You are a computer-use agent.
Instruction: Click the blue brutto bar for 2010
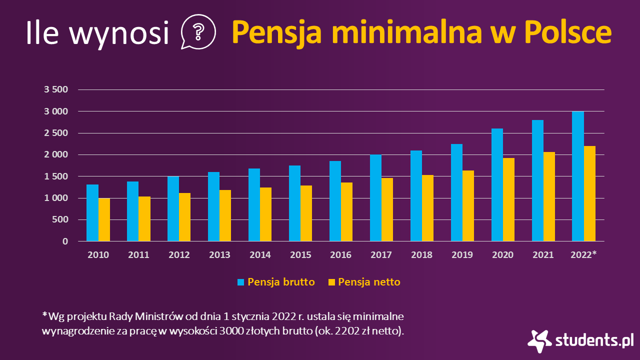coord(92,213)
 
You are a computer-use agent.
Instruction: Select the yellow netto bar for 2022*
coord(590,194)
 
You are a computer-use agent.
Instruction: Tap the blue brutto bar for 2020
coord(497,185)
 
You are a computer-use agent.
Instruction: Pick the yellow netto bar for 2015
coord(306,213)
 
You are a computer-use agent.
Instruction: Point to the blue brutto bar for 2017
coord(375,198)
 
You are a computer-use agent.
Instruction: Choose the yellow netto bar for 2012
coord(185,217)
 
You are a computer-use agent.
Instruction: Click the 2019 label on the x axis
coord(462,255)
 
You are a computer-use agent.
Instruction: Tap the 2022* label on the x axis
coord(584,255)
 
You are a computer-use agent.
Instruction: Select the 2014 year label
coord(260,255)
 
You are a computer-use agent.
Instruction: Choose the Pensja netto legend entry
coord(369,282)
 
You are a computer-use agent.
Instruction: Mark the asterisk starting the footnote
coord(44,315)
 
